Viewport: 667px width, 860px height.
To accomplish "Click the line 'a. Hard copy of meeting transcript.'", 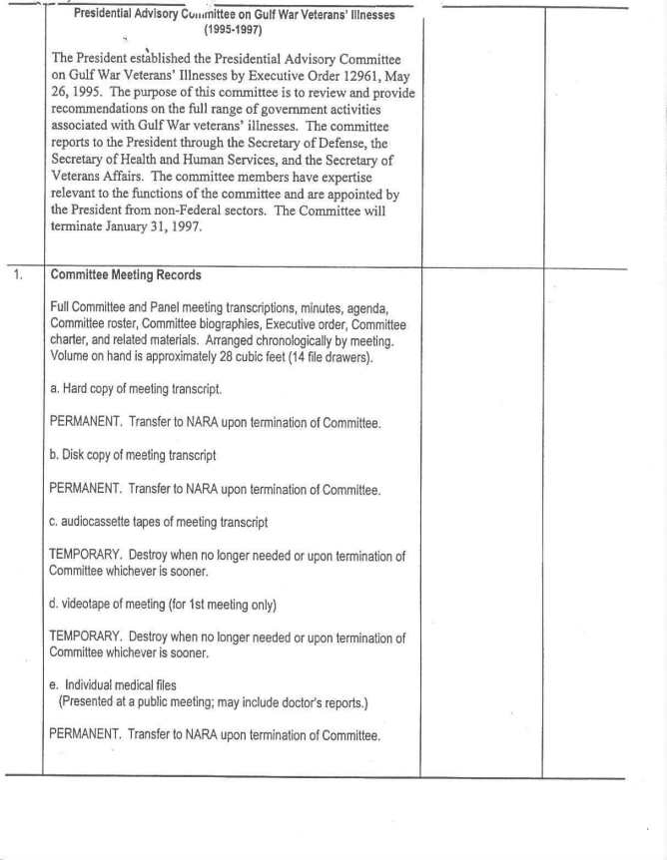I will click(x=136, y=389).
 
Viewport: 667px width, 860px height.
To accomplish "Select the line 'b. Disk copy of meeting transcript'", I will click(x=133, y=455).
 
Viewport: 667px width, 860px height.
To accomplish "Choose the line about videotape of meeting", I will click(x=163, y=605).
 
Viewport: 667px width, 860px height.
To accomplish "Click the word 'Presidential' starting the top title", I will click(x=110, y=15).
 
